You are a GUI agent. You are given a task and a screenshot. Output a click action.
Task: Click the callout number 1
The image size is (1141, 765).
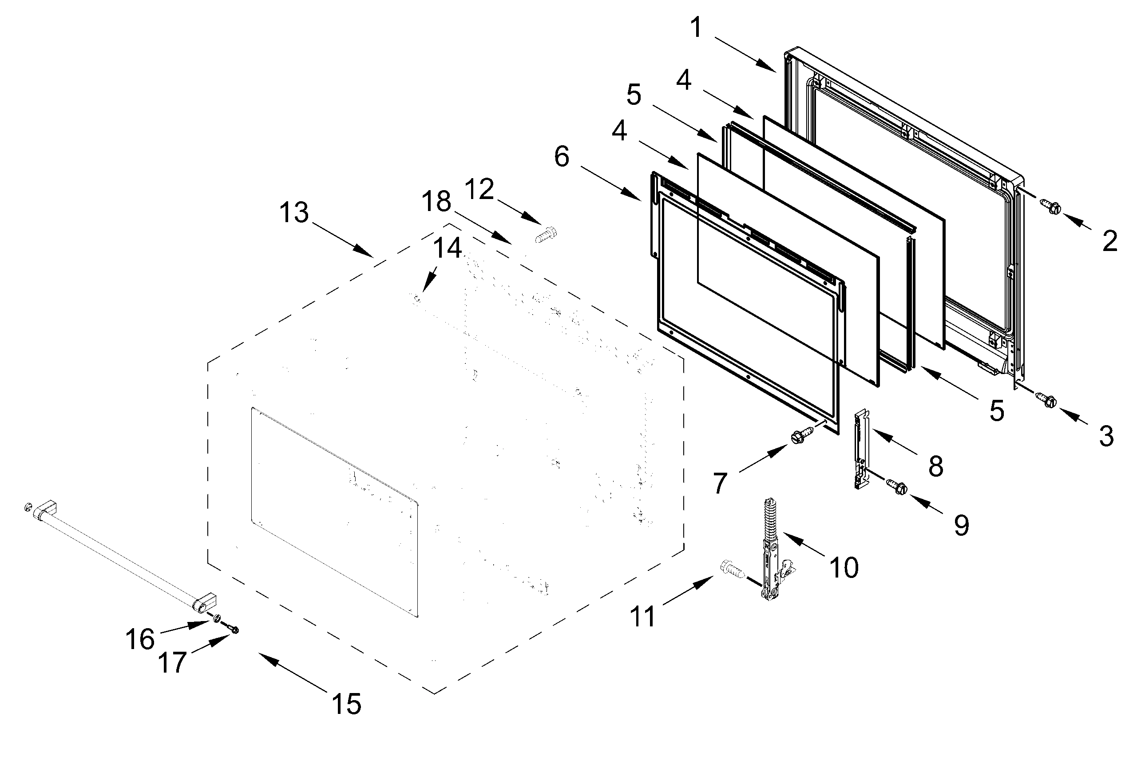coord(697,28)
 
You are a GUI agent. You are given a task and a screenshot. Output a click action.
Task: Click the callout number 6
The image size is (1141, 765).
coord(562,157)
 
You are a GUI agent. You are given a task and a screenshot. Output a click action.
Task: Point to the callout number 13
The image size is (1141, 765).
coord(294,213)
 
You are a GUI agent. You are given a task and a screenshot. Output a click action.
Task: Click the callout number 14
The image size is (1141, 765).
coord(448,248)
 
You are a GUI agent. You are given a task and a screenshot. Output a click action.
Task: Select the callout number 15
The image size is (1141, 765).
coord(347,704)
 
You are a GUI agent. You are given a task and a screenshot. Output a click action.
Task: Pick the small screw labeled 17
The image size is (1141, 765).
coord(233,630)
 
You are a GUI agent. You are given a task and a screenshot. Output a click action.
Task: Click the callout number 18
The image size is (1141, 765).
coord(436,202)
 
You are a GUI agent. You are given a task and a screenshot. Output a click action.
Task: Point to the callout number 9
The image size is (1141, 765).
coord(961,526)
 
